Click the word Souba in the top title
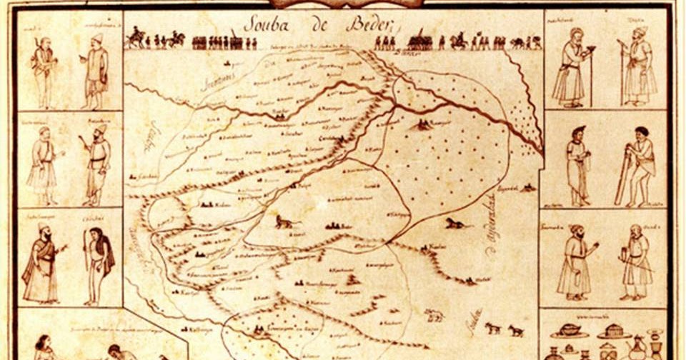click(x=266, y=24)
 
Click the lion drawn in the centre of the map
click(x=284, y=224)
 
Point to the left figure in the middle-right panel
click(x=577, y=166)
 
